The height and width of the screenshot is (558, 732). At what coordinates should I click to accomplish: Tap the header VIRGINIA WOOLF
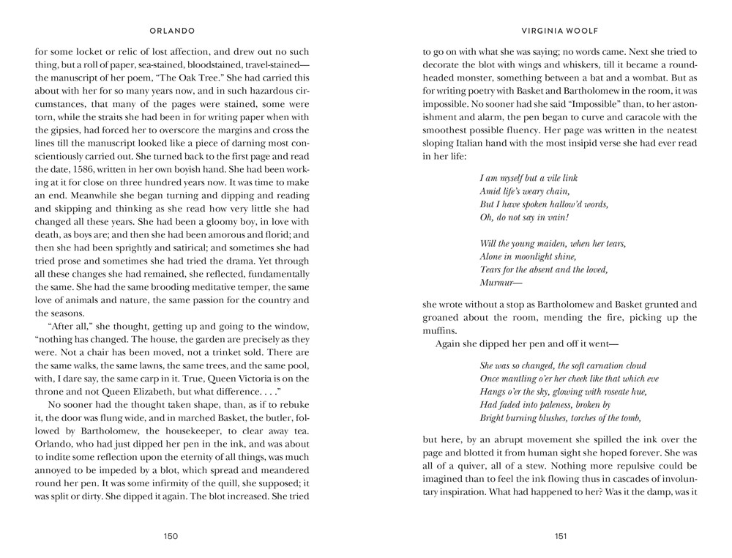pos(561,31)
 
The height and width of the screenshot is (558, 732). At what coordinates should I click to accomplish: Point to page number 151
pos(561,536)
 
